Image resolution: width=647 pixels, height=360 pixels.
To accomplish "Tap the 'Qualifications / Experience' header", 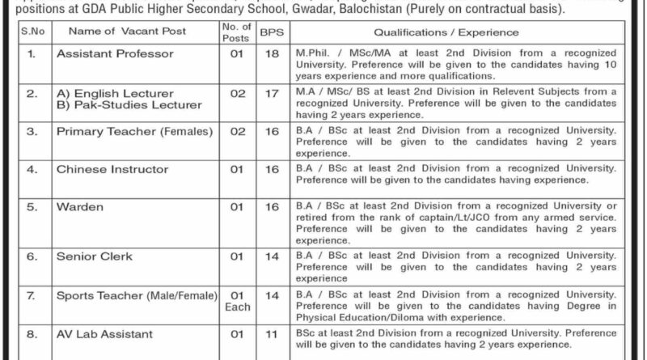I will point(446,32).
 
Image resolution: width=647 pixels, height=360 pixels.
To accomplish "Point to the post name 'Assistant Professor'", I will point(115,55).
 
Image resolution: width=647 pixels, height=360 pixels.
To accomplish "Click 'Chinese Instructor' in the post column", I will point(112,170).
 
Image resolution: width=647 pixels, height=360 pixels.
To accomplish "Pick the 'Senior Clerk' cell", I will point(95,256).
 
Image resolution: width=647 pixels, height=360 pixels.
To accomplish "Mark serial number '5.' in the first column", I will point(30,207).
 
